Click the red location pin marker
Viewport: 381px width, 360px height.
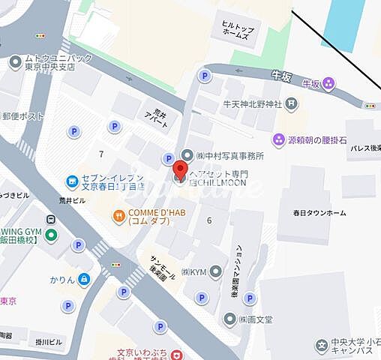click(181, 172)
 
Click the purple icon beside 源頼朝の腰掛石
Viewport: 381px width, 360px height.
click(279, 139)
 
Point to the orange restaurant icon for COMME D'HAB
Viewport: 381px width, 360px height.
click(118, 216)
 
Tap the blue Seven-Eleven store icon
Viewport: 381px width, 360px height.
click(73, 181)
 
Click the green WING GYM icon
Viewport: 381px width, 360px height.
click(51, 235)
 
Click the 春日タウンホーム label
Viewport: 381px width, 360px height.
click(319, 213)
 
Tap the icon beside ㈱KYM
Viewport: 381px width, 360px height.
click(216, 271)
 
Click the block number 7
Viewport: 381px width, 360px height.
click(100, 154)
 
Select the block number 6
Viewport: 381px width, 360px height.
click(209, 220)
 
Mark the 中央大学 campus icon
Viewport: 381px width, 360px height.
click(322, 346)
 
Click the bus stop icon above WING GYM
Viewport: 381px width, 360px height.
click(51, 220)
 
